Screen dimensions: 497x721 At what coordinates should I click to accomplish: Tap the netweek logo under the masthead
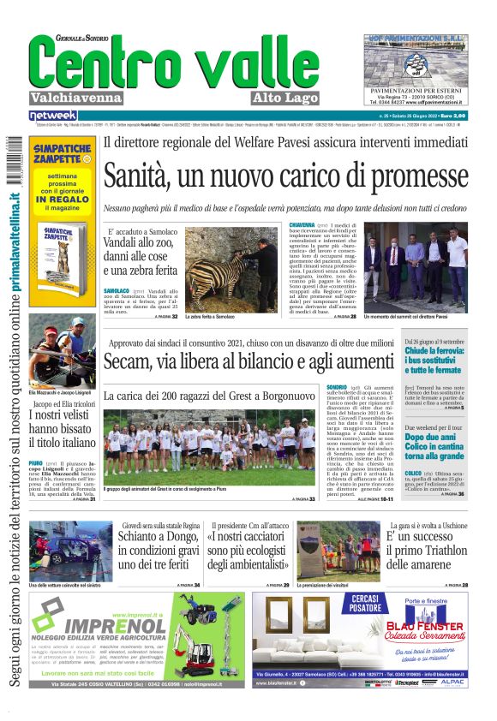pos(52,116)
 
